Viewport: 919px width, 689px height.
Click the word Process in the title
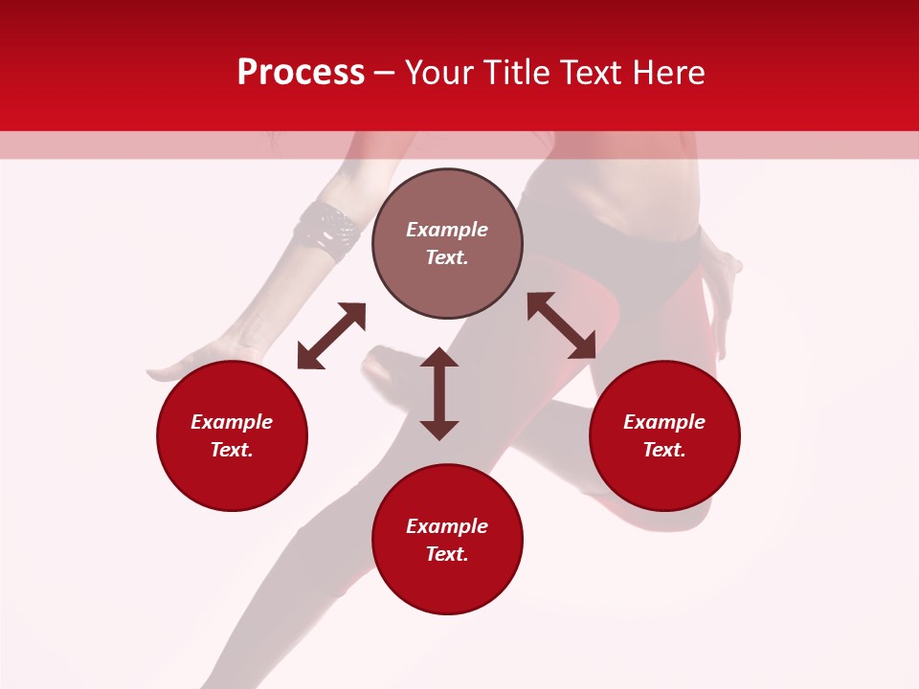click(301, 73)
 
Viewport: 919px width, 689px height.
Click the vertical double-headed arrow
click(439, 393)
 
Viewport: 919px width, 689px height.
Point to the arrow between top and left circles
click(331, 336)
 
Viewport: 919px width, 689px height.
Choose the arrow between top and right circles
click(561, 325)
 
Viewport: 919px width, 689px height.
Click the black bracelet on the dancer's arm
click(326, 231)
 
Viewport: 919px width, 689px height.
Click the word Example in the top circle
click(447, 230)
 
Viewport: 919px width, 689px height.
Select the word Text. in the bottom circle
click(447, 554)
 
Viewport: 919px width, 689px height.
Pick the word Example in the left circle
click(232, 422)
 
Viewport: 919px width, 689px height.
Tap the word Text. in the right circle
click(664, 450)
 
